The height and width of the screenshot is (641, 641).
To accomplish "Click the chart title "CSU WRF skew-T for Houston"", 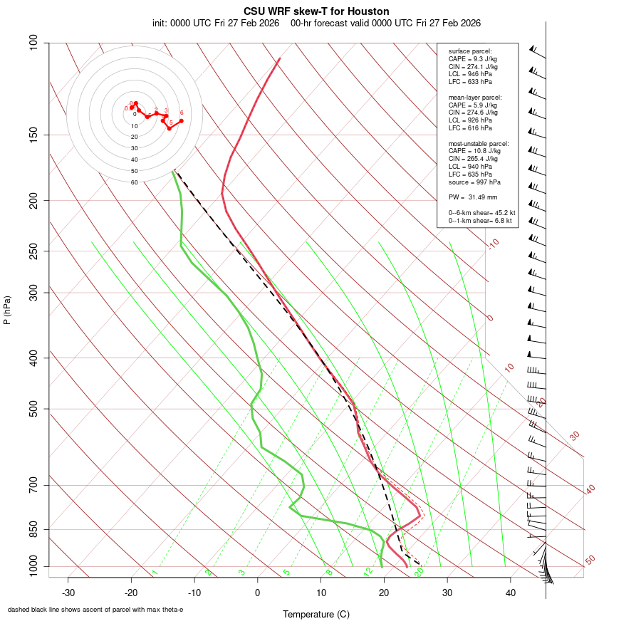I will pyautogui.click(x=316, y=11).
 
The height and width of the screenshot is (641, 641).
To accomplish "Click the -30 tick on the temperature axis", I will pyautogui.click(x=68, y=592).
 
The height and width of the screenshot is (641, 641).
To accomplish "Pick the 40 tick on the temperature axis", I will pyautogui.click(x=511, y=592).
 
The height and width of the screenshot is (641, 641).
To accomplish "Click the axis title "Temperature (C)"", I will pyautogui.click(x=316, y=614).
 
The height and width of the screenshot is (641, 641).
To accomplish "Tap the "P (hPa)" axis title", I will pyautogui.click(x=7, y=310).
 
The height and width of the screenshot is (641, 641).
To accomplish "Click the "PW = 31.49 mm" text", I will pyautogui.click(x=473, y=197).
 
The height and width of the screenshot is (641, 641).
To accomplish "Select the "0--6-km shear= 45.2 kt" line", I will pyautogui.click(x=481, y=213).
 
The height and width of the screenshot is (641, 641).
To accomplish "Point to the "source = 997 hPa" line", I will pyautogui.click(x=473, y=182).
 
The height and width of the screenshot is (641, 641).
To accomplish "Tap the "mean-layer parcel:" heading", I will pyautogui.click(x=475, y=97).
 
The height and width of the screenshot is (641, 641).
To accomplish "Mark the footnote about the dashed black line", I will pyautogui.click(x=95, y=610).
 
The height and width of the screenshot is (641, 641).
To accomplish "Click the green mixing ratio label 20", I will pyautogui.click(x=419, y=571).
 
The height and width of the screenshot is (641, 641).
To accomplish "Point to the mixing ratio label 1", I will pyautogui.click(x=155, y=573).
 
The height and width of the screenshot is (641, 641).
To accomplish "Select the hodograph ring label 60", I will pyautogui.click(x=134, y=182).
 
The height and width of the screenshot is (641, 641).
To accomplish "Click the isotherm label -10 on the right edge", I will pyautogui.click(x=493, y=244).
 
